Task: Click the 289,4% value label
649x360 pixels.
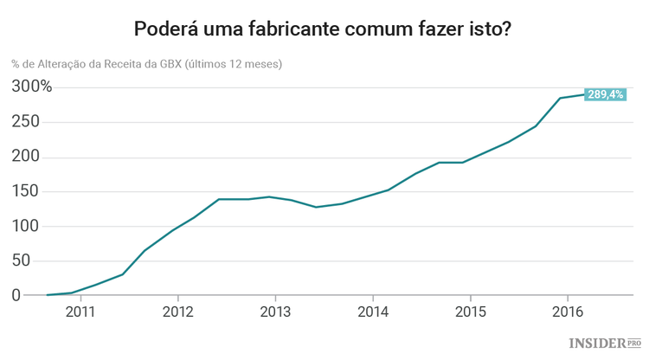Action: pos(604,94)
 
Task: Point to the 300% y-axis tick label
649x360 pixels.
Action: pos(32,87)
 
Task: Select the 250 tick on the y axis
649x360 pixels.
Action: pos(27,122)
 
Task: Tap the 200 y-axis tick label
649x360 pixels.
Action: pos(27,157)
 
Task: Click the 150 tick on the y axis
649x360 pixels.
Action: pos(27,191)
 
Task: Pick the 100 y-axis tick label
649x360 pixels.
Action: pos(27,227)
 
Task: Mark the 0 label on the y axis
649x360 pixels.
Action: pos(16,296)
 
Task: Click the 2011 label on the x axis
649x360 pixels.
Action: pos(80,312)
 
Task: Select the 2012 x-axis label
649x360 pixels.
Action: pos(177,312)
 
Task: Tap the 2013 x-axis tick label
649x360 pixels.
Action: pos(275,312)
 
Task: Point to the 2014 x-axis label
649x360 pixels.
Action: pos(372,312)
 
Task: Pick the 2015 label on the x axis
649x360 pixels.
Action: pos(470,312)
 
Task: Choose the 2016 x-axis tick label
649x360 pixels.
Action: pos(567,312)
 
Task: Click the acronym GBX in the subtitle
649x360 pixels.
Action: pos(169,64)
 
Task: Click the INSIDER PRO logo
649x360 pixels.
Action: pos(605,344)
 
